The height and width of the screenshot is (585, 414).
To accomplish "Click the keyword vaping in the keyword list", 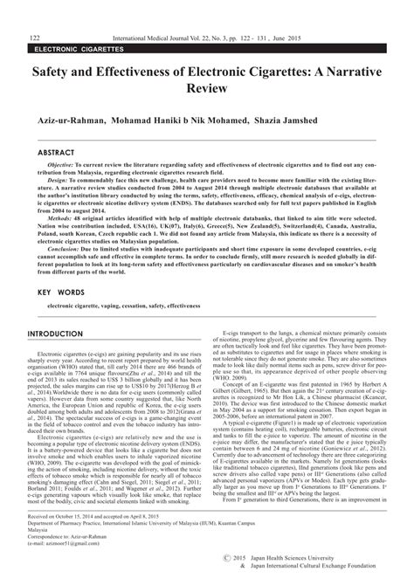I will pyautogui.click(x=135, y=306).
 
